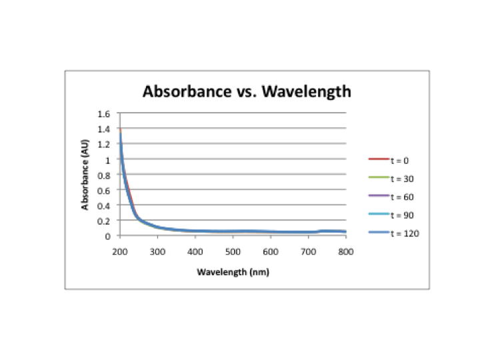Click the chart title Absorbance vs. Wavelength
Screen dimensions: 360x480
click(247, 91)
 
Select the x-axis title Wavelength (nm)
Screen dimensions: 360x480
click(233, 272)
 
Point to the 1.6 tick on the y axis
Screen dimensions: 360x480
click(104, 113)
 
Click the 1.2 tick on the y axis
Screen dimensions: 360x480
click(104, 145)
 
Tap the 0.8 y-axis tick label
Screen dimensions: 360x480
click(104, 175)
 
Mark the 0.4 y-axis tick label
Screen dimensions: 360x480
click(104, 206)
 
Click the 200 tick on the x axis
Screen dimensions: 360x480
click(120, 252)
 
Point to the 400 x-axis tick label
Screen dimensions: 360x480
click(195, 252)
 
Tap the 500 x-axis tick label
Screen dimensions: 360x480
click(233, 252)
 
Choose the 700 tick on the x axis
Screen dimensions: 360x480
click(309, 252)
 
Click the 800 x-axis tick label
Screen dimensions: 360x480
click(346, 252)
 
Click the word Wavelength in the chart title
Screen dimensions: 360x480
click(306, 91)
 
